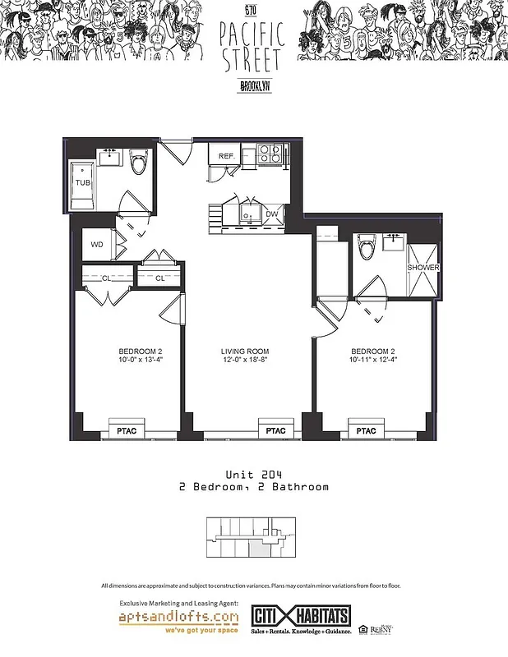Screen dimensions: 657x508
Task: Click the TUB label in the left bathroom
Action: point(83,182)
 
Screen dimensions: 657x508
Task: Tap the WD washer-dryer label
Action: point(97,245)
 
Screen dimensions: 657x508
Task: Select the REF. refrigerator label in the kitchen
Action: point(227,156)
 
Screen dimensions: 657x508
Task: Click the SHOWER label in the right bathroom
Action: point(423,269)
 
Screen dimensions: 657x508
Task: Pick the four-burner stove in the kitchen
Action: point(270,153)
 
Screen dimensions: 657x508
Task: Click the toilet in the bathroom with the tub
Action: point(138,163)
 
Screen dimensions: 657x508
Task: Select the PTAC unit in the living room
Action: point(275,430)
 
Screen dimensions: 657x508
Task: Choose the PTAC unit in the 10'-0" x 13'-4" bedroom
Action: point(126,430)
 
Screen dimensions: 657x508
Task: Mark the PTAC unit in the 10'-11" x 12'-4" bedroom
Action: point(366,430)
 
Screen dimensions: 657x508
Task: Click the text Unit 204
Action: point(254,475)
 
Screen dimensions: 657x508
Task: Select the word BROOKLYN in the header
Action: point(253,85)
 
